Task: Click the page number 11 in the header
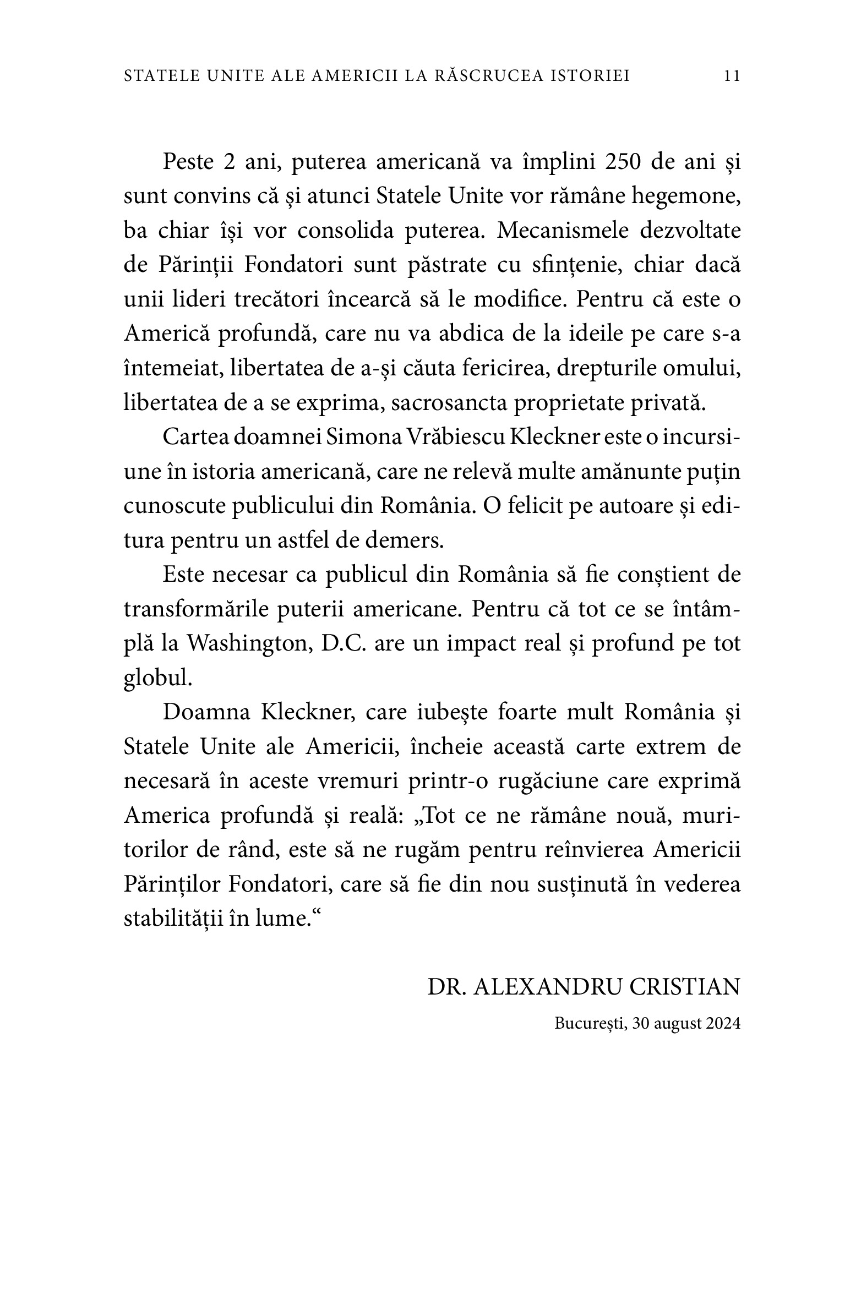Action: point(732,76)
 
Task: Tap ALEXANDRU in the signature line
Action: point(548,987)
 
